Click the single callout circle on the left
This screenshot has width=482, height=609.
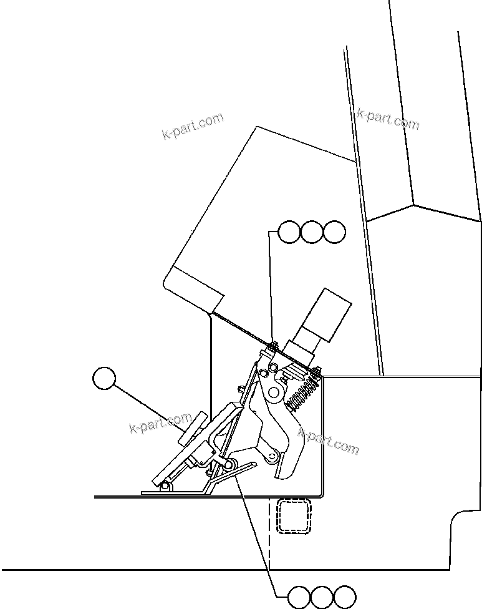[x=104, y=379]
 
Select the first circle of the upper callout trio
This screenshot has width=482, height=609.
[x=289, y=232]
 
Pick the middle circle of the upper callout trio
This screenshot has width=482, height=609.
[x=311, y=232]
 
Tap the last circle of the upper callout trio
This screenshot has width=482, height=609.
[x=334, y=232]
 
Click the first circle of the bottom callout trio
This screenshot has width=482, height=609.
[x=300, y=597]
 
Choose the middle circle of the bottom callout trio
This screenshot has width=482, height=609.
[x=322, y=597]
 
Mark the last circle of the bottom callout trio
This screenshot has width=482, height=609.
[x=344, y=597]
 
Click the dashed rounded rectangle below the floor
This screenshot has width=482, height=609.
[x=294, y=517]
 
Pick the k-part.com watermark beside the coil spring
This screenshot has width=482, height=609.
[x=329, y=441]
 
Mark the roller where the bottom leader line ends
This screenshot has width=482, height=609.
[x=229, y=465]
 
